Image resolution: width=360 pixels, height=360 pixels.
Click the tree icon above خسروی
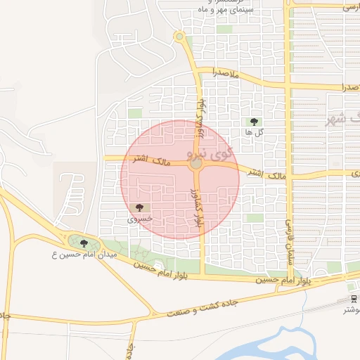point(139,207)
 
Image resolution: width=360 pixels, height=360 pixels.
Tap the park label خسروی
point(139,219)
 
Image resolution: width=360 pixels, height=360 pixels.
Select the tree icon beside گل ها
point(254,122)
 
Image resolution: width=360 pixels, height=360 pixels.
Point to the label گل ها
point(253,131)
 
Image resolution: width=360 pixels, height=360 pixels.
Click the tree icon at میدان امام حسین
point(84,243)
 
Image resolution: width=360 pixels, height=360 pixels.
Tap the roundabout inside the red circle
point(196,165)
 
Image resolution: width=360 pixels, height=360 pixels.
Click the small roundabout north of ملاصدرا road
point(179,36)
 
